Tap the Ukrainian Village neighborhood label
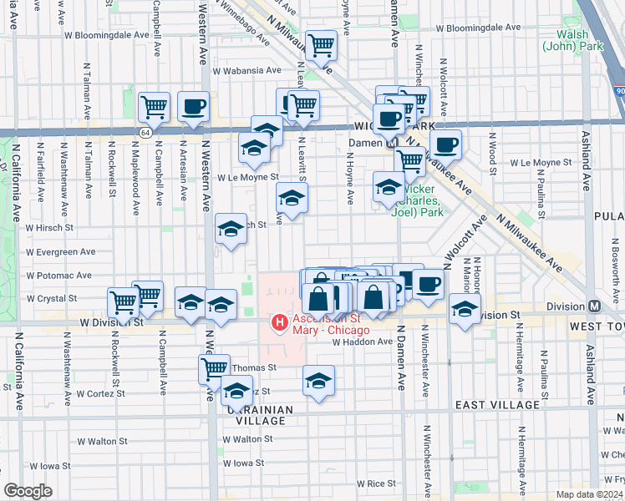[261, 415]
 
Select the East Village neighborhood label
[497, 404]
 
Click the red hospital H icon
[279, 321]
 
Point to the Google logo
[28, 490]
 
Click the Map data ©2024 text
[590, 494]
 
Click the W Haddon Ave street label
[362, 342]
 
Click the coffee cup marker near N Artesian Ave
[193, 106]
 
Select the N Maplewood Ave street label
[136, 171]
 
